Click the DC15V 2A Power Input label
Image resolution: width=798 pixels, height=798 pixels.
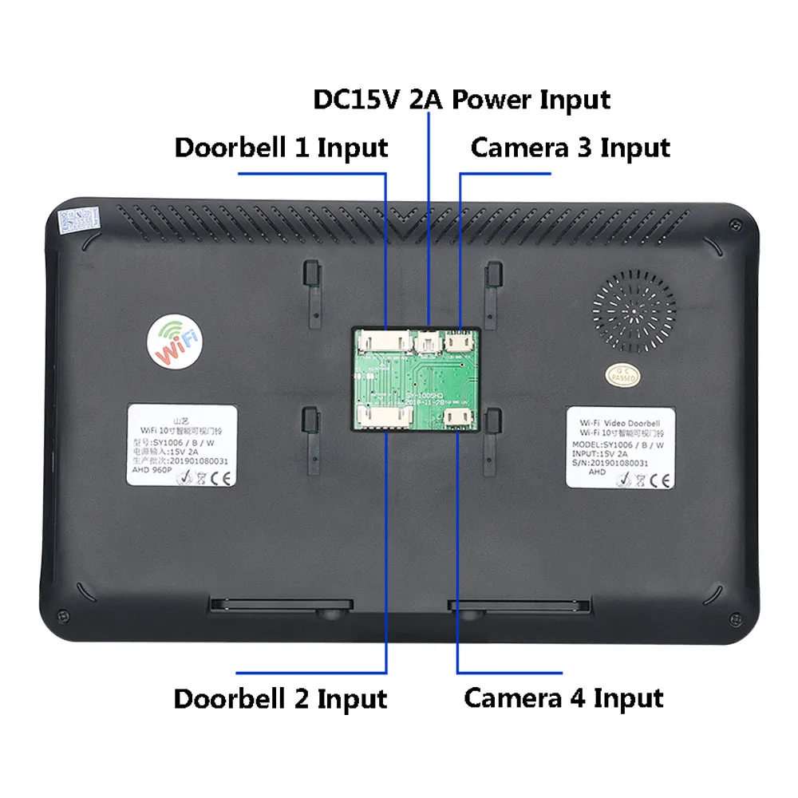tap(461, 100)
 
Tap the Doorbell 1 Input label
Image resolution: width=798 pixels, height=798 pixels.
tap(281, 148)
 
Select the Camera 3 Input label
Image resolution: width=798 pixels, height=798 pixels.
tap(570, 148)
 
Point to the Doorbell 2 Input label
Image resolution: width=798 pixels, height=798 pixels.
tap(280, 698)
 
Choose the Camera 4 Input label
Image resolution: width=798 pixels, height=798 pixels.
tap(563, 698)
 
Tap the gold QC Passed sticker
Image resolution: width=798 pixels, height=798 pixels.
tap(622, 374)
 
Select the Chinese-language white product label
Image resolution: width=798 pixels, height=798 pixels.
tap(183, 445)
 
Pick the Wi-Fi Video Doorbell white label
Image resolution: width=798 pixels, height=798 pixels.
tap(620, 447)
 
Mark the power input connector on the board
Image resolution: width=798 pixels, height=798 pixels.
tap(429, 342)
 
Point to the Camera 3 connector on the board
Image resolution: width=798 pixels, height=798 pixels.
tap(460, 341)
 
